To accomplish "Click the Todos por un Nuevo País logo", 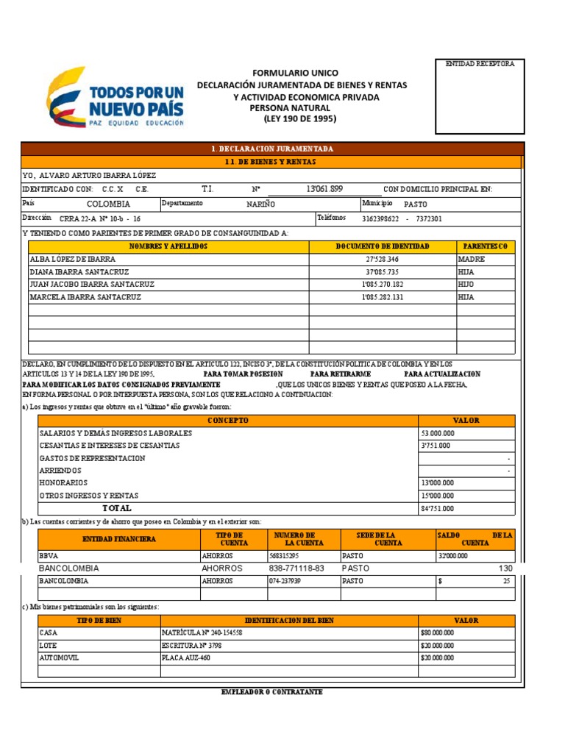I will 116,99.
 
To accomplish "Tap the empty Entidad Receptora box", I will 479,101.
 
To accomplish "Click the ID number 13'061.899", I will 324,189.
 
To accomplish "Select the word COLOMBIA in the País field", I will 108,204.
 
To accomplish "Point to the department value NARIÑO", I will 260,204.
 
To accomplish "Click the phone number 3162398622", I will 380,218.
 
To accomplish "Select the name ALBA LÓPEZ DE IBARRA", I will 72,259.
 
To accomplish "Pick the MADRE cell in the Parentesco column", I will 471,259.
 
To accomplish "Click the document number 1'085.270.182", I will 383,284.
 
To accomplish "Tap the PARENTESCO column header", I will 486,246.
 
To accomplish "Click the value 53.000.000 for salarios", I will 438,433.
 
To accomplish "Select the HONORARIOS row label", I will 63,483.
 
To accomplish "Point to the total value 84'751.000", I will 438,508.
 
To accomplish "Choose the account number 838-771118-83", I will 296,568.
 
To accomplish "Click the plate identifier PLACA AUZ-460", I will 185,657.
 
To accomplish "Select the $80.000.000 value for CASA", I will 437,632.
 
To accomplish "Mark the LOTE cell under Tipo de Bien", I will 48,645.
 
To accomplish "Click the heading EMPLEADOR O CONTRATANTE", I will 271,692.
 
